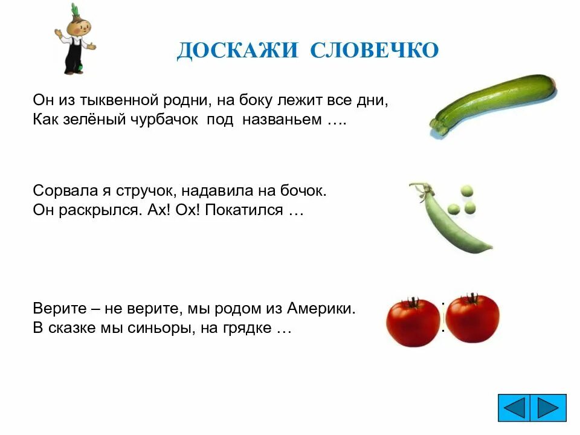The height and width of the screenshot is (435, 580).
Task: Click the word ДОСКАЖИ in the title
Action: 237,51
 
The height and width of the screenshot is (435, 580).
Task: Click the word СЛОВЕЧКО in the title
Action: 375,51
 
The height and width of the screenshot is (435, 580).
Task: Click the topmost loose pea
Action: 466,191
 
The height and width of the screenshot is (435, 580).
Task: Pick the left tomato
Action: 413,321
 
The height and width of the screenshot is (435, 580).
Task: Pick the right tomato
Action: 472,318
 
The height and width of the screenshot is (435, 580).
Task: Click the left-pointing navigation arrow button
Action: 515,408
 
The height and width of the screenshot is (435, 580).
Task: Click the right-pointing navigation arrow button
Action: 549,408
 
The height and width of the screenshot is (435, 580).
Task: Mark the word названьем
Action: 282,119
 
